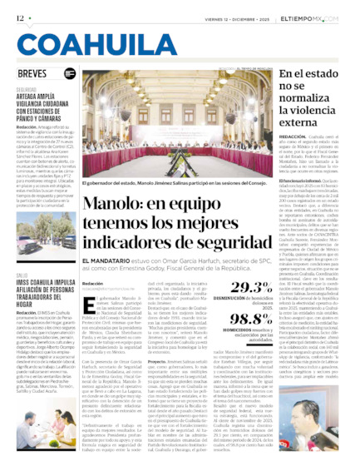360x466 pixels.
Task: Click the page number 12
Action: pyautogui.click(x=19, y=17)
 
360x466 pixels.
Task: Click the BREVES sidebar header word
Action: pyautogui.click(x=31, y=73)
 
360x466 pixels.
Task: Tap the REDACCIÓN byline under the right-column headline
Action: pyautogui.click(x=292, y=136)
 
